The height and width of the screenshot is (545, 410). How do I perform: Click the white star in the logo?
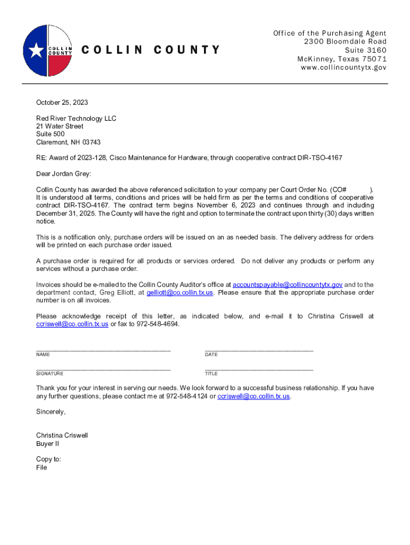pyautogui.click(x=36, y=50)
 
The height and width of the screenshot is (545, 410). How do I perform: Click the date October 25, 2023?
pyautogui.click(x=62, y=102)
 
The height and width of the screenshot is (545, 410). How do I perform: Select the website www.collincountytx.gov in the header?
pyautogui.click(x=343, y=68)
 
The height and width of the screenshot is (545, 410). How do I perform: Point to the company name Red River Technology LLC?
pyautogui.click(x=76, y=118)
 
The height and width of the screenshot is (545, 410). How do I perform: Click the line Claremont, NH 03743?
pyautogui.click(x=68, y=142)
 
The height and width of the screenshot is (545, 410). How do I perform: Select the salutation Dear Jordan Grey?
pyautogui.click(x=63, y=174)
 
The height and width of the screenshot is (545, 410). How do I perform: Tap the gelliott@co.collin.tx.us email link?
pyautogui.click(x=180, y=292)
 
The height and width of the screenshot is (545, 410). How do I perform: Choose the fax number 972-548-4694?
pyautogui.click(x=158, y=324)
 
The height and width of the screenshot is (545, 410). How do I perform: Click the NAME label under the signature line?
pyautogui.click(x=43, y=354)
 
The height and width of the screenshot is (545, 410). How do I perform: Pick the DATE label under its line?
pyautogui.click(x=211, y=354)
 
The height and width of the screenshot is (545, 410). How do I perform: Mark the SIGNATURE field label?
pyautogui.click(x=50, y=374)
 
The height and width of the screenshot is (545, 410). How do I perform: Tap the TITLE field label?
pyautogui.click(x=211, y=374)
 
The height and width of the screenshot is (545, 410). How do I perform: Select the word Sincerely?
pyautogui.click(x=51, y=411)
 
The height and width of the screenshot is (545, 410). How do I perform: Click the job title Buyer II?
pyautogui.click(x=48, y=443)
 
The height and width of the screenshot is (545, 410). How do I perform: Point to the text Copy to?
pyautogui.click(x=48, y=459)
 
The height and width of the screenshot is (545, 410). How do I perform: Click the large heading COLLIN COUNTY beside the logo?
pyautogui.click(x=150, y=50)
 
